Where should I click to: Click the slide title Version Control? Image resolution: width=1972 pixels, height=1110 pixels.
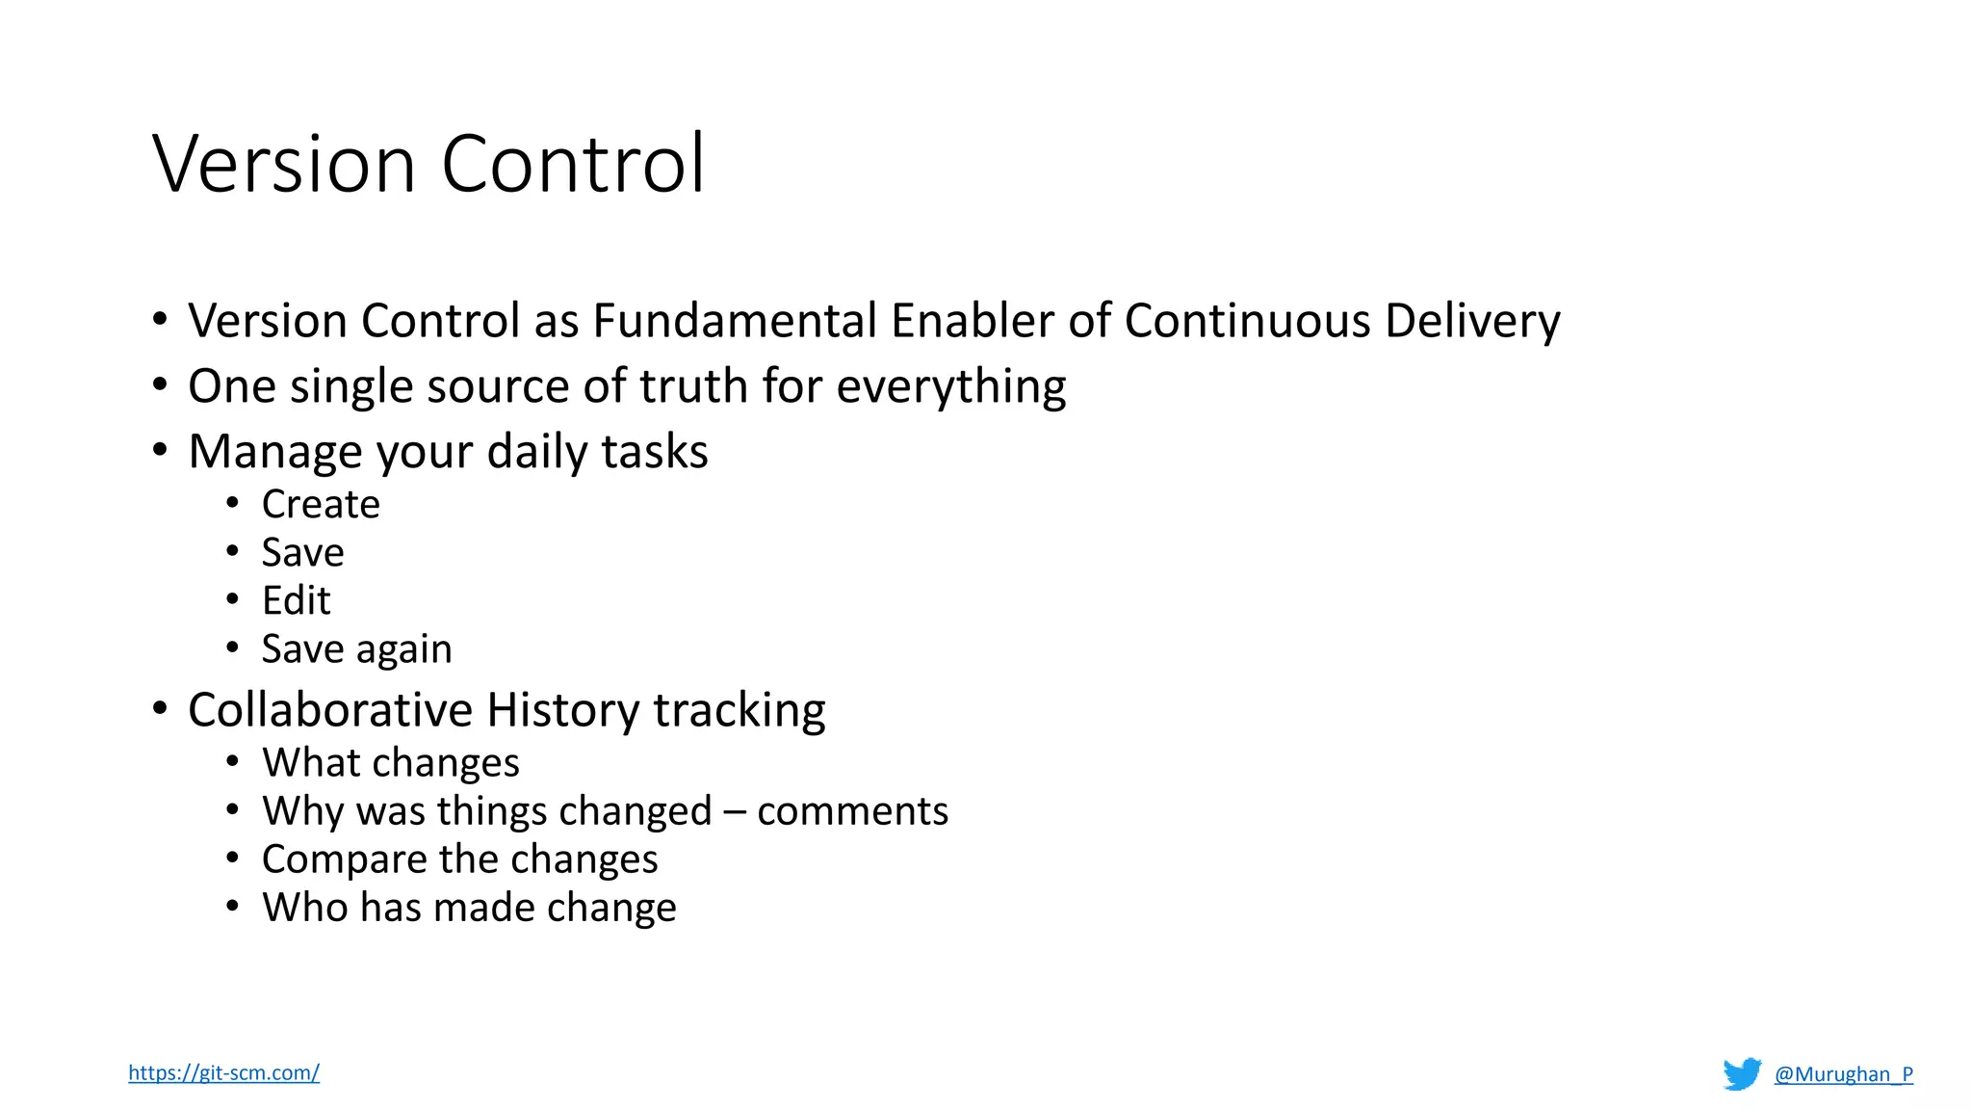428,164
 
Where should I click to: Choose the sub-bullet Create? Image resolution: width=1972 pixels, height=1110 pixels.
321,505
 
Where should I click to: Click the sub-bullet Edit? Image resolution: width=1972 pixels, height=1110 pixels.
296,601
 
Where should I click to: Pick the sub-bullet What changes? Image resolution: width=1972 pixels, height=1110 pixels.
390,763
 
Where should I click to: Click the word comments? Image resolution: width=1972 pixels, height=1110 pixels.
852,811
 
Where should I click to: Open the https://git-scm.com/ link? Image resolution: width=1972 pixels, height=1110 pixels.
223,1072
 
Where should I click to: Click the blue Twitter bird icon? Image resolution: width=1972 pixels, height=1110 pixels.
1742,1073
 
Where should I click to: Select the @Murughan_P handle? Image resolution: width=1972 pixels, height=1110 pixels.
1843,1074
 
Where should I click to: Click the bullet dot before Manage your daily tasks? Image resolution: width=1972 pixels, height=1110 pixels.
160,450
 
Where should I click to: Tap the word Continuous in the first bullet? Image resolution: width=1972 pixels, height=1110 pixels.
1247,321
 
